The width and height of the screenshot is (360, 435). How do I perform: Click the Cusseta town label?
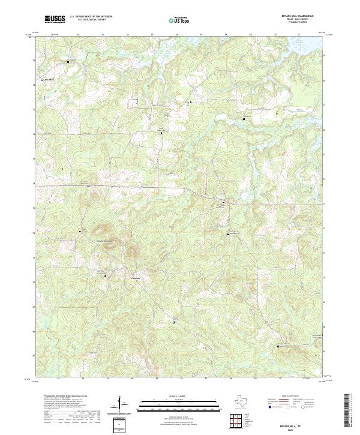click(x=137, y=277)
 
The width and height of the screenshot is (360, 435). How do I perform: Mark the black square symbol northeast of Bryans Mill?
click(x=68, y=62)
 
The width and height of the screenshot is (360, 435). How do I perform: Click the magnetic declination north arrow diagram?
click(x=121, y=407)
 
